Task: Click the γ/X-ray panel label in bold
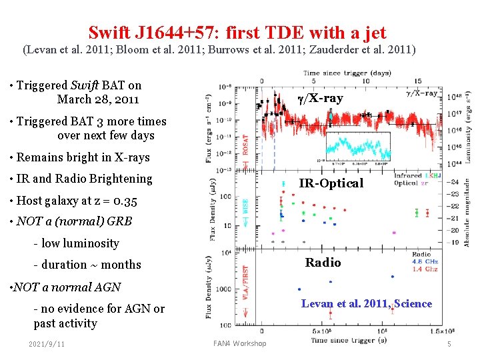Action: (x=320, y=99)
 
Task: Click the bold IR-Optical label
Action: (x=331, y=183)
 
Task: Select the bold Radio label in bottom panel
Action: (x=323, y=263)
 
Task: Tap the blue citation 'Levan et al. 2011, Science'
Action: (x=366, y=304)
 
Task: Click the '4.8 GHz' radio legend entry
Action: (x=425, y=262)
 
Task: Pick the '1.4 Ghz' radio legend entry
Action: (x=425, y=270)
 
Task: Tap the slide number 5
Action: (x=449, y=344)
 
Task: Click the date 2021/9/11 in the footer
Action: (x=47, y=344)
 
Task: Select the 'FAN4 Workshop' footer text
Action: (x=239, y=344)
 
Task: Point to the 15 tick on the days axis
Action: (x=418, y=81)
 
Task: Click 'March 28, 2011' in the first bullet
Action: (x=98, y=99)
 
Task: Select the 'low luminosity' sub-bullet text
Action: (x=80, y=243)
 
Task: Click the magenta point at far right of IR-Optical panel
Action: (x=393, y=233)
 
